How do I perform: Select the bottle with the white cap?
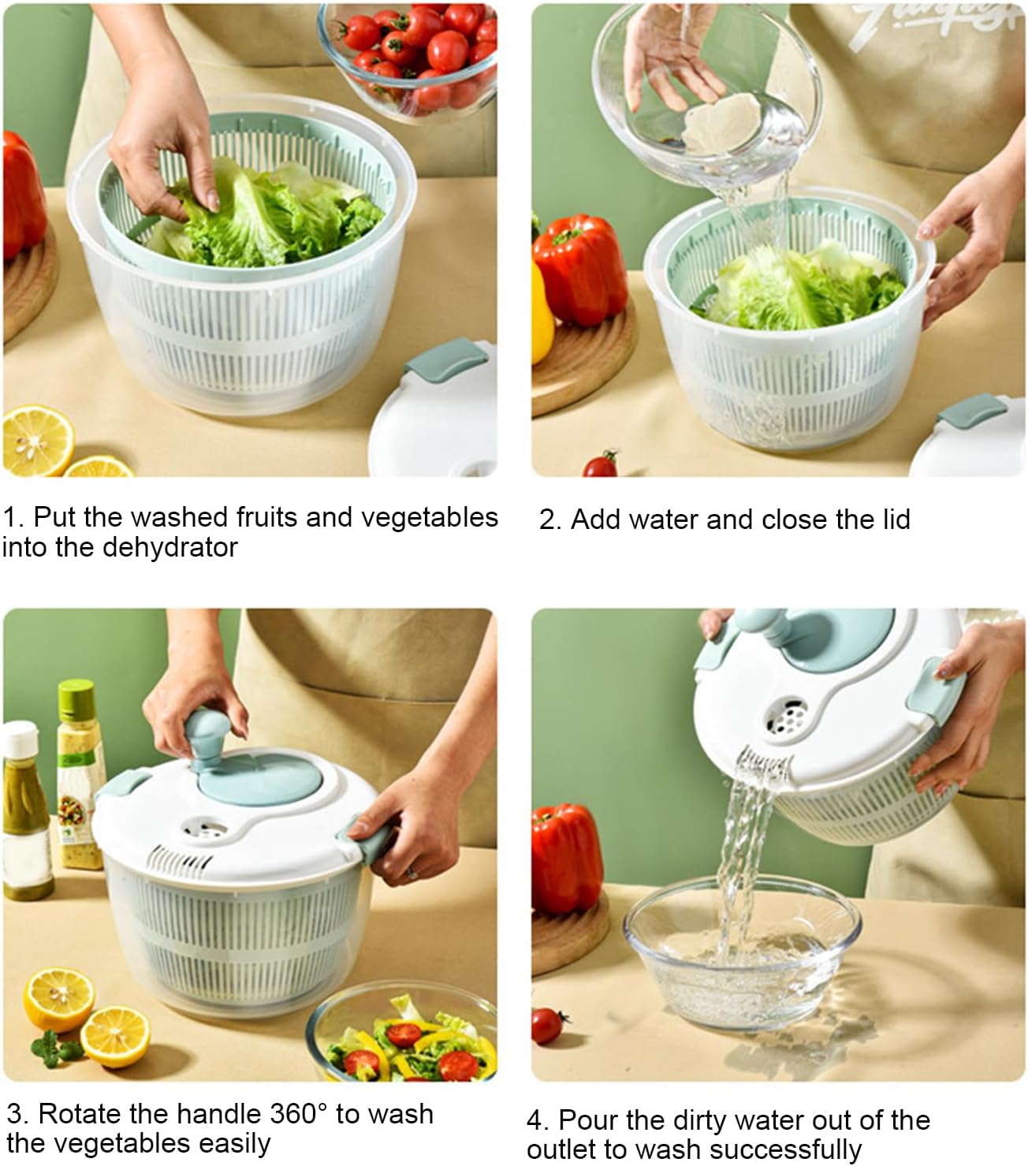coord(20,812)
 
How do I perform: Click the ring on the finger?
coord(412,874)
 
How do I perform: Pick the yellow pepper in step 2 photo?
coord(542,315)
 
